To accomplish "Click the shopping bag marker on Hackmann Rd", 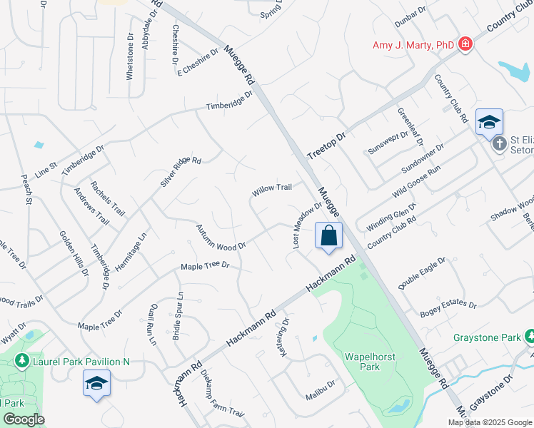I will (x=328, y=236).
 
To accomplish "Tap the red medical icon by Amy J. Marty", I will (x=465, y=44).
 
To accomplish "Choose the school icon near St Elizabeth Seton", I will (x=489, y=123).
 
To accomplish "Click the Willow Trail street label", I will (x=271, y=189).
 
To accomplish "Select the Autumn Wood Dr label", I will (x=221, y=237).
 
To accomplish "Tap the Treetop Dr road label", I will (x=326, y=145).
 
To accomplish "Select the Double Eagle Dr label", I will (x=422, y=273).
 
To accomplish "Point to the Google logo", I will (x=24, y=419).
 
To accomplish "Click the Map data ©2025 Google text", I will (x=490, y=422).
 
